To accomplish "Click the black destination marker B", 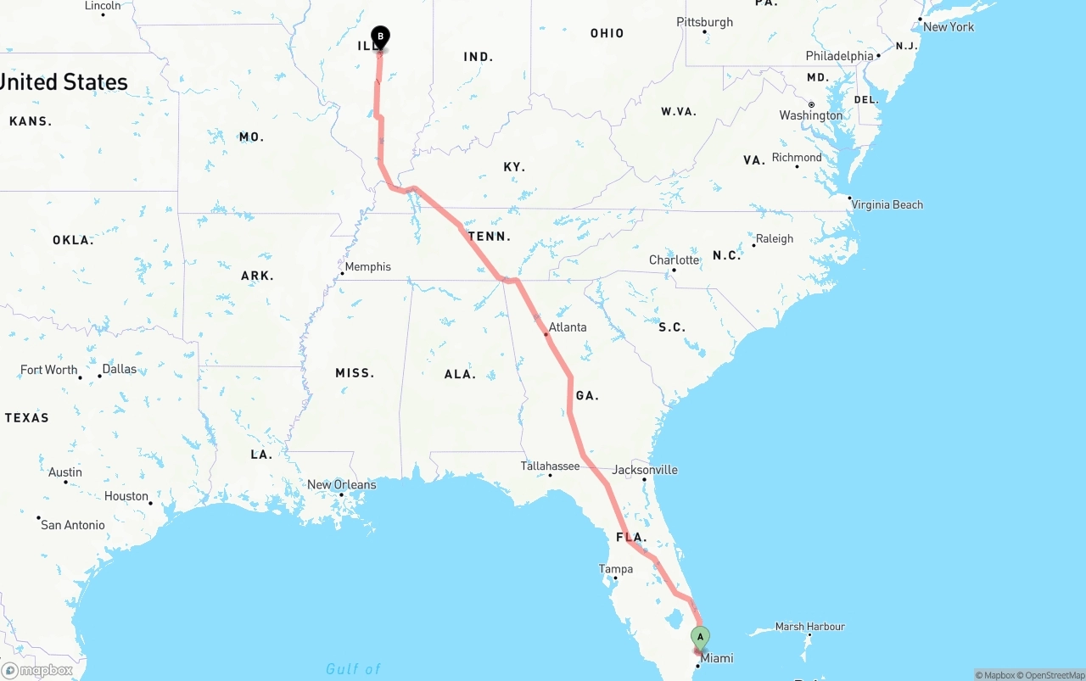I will click(381, 36).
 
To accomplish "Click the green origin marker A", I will click(700, 637).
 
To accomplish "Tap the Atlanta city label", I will click(568, 327).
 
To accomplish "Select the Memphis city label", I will click(367, 267).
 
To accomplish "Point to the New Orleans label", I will click(341, 485).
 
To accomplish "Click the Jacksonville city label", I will click(645, 470).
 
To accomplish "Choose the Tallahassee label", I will click(550, 466).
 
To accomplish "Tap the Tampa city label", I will click(616, 569).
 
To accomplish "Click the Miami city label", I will click(716, 659).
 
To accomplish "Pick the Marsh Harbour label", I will click(809, 627).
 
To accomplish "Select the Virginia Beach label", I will click(887, 205).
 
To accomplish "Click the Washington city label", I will click(811, 115).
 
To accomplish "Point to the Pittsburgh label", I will click(704, 22).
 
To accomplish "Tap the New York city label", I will click(949, 27).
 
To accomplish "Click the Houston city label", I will click(126, 496).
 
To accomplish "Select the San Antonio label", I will click(73, 525).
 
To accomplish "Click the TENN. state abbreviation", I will click(490, 237).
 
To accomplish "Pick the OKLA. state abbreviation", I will click(73, 240).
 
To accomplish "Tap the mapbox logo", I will click(37, 671).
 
